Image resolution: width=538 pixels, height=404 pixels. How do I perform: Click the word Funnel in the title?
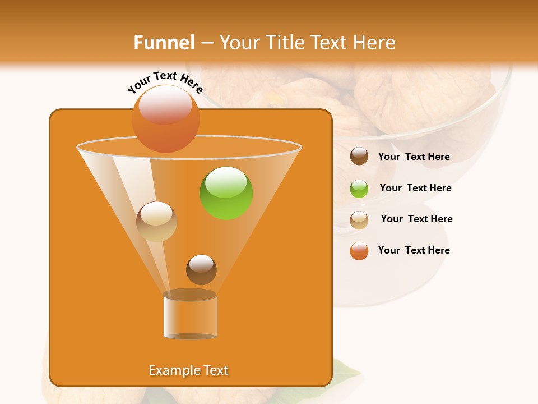point(164,43)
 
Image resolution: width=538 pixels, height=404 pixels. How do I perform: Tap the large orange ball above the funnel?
point(166,119)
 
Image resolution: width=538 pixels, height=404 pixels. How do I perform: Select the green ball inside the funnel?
point(226,193)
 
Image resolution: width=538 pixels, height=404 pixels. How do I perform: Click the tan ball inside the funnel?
point(156,222)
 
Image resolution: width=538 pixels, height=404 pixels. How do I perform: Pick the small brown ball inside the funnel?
point(201,269)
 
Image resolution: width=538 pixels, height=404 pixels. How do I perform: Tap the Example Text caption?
point(189,370)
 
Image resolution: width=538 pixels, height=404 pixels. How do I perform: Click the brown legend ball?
point(359,157)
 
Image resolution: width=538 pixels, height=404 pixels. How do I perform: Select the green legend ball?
point(359,189)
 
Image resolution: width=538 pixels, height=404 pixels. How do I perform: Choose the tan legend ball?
point(359,220)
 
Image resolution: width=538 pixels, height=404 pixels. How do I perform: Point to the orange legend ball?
point(359,251)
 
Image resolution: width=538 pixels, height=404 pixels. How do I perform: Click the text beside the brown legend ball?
point(414,157)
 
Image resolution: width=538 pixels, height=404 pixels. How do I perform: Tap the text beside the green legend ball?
point(415,189)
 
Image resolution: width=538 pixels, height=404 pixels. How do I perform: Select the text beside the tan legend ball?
point(416,219)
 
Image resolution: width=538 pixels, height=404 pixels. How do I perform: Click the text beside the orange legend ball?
point(414,250)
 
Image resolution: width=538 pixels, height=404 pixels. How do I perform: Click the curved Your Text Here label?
point(165,82)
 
